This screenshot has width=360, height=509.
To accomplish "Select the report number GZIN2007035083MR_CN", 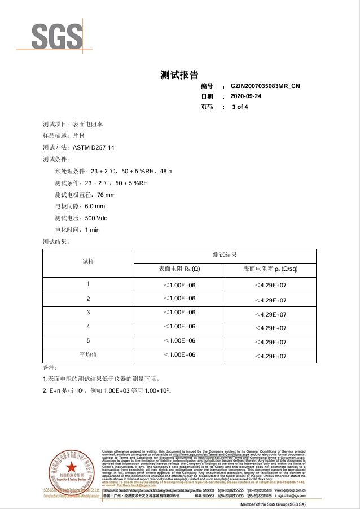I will click(x=265, y=86).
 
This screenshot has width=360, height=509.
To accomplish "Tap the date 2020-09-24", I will click(x=247, y=96).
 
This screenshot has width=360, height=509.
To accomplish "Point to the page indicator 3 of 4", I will click(x=240, y=107).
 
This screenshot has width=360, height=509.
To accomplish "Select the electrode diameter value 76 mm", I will click(x=106, y=195).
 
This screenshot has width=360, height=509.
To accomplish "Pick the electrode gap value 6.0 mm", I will click(x=95, y=207).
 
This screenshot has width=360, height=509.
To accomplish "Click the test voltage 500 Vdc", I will click(x=96, y=218).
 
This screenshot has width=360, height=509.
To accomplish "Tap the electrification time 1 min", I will click(x=92, y=230).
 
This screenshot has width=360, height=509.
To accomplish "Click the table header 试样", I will click(x=88, y=262).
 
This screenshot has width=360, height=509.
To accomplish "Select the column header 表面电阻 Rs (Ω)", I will click(x=179, y=269).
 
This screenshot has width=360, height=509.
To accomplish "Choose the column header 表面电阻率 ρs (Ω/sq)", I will click(x=270, y=269).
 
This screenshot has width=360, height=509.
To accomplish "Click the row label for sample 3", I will click(x=88, y=313).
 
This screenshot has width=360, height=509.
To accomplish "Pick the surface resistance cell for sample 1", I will click(x=179, y=284).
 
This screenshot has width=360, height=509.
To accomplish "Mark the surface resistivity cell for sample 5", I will click(x=270, y=343).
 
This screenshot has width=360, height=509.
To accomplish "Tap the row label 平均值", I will click(x=88, y=355).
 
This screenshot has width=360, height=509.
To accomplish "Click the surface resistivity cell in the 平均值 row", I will click(x=270, y=357).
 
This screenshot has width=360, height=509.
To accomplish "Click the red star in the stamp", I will click(x=71, y=467).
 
